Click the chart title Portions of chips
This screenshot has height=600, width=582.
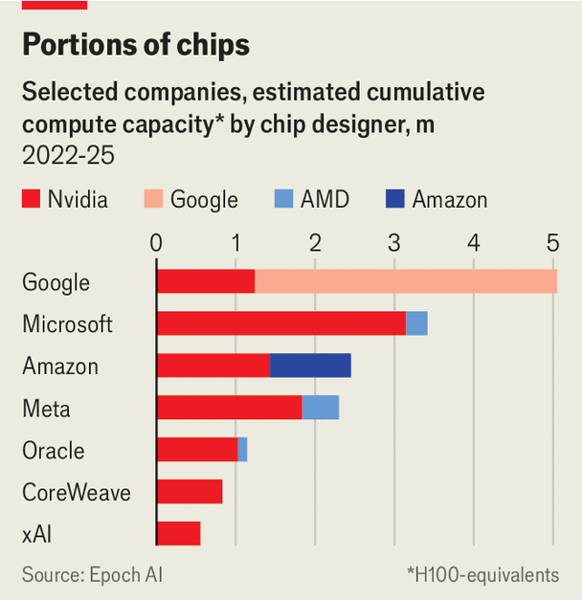tap(136, 45)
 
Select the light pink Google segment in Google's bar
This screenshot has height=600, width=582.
tap(406, 281)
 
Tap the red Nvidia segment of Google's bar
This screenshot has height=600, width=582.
tap(206, 281)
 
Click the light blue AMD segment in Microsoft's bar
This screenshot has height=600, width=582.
tap(416, 323)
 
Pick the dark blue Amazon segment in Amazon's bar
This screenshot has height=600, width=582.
tap(310, 366)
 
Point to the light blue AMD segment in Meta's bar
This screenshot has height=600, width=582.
tap(321, 408)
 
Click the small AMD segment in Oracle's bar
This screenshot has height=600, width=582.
tap(242, 450)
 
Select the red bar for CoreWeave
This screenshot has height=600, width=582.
tap(190, 492)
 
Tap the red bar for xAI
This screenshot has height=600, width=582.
tap(179, 534)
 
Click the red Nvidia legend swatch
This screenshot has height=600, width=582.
tap(31, 199)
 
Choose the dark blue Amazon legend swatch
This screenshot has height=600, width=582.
tap(395, 199)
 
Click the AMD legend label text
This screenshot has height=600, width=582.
tap(325, 199)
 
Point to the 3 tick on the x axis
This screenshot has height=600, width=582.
tap(394, 243)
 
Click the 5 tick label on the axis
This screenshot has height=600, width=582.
tap(552, 243)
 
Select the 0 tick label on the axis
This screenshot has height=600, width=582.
tap(156, 243)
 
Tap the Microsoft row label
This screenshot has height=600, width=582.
tap(67, 324)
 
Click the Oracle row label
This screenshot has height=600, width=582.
tap(54, 451)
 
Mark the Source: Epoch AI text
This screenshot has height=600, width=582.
tap(92, 575)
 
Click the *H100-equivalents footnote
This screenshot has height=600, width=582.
tap(483, 575)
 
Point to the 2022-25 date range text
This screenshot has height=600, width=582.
tap(68, 155)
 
